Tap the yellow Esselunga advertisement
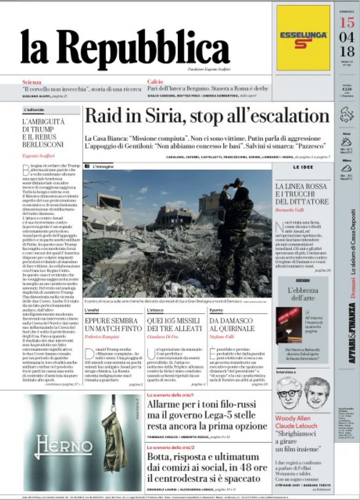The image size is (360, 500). click(303, 38)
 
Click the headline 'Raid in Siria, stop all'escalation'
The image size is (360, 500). click(207, 116)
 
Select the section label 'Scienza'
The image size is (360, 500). click(31, 82)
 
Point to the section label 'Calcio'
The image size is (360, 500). click(155, 82)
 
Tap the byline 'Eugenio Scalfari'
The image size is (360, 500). click(39, 156)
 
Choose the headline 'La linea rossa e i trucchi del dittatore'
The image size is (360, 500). click(309, 194)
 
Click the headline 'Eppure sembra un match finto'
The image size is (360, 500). click(113, 324)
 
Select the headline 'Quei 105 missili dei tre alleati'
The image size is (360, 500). click(176, 324)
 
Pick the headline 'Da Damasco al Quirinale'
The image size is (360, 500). click(232, 324)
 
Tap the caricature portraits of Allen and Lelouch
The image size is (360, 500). click(302, 392)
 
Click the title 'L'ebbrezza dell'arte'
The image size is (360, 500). click(302, 294)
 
